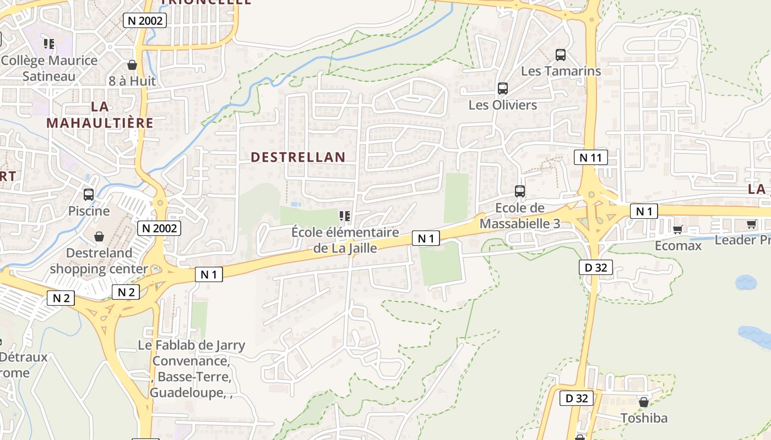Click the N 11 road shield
(x=591, y=158)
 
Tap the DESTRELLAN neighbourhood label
(x=298, y=157)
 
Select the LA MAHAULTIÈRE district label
(x=100, y=114)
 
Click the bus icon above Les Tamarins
(x=561, y=55)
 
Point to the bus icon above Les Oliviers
(x=502, y=89)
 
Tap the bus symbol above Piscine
(x=89, y=195)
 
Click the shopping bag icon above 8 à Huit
(x=132, y=65)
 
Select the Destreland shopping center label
(x=99, y=261)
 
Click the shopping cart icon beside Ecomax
(x=677, y=229)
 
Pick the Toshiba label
(x=644, y=418)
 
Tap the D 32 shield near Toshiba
(x=577, y=398)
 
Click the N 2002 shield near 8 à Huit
(x=144, y=21)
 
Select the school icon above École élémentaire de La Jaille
(x=345, y=216)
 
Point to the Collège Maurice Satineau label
(x=49, y=68)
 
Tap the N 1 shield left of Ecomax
(x=643, y=211)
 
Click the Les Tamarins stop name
(x=561, y=71)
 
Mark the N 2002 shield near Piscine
(x=159, y=228)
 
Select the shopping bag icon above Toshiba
(x=643, y=403)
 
